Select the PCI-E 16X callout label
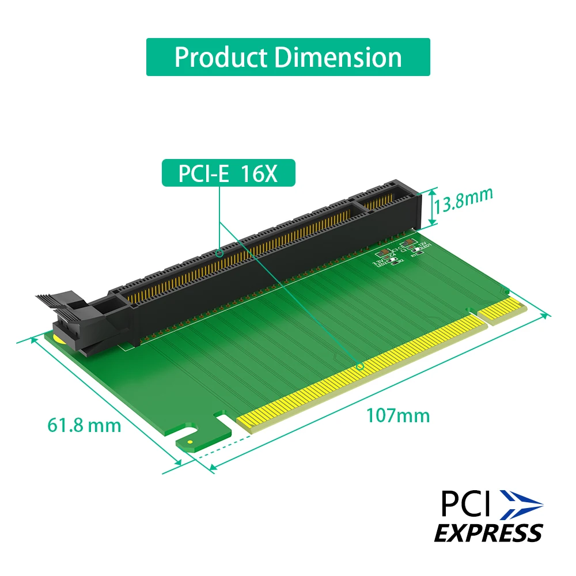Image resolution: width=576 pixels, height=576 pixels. point(228,173)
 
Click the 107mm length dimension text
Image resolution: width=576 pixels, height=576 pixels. point(398,415)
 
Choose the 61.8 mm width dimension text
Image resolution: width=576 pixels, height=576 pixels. point(84,426)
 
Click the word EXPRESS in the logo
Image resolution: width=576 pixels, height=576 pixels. point(488,532)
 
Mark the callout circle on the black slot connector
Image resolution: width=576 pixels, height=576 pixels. point(219,252)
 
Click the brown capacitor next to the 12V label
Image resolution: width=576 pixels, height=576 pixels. point(410,242)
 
